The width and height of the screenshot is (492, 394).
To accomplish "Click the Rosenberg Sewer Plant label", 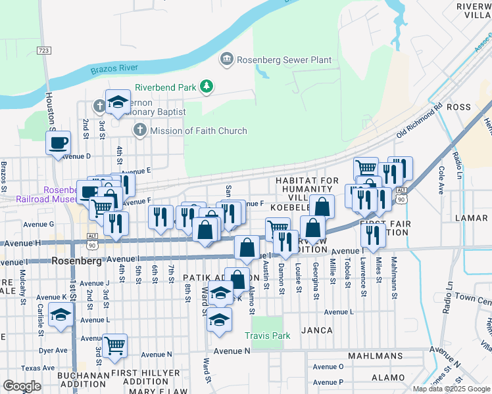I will pyautogui.click(x=283, y=60).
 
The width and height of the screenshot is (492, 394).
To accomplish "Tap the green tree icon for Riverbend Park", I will pyautogui.click(x=207, y=86).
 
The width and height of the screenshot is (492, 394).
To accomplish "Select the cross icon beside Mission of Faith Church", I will pyautogui.click(x=139, y=131).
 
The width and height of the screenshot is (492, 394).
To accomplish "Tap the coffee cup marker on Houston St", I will pyautogui.click(x=59, y=142).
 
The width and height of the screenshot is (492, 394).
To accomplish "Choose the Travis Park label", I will pyautogui.click(x=267, y=335).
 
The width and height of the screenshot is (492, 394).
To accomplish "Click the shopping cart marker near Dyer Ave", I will pyautogui.click(x=115, y=345).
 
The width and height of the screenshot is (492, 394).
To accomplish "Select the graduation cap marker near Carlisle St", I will pyautogui.click(x=61, y=316).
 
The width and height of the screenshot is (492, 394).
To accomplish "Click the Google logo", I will pyautogui.click(x=22, y=386).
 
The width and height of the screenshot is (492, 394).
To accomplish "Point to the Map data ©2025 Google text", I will pyautogui.click(x=451, y=389).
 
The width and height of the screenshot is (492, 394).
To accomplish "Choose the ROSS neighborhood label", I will pyautogui.click(x=458, y=106).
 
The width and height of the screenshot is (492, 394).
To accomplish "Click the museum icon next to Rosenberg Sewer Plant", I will pyautogui.click(x=226, y=60).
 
